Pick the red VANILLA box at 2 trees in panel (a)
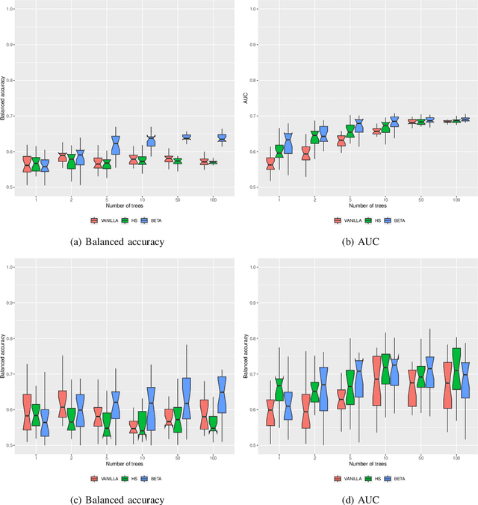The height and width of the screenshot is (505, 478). coord(62,158)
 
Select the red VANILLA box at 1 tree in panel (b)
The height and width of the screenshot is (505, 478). coord(270,164)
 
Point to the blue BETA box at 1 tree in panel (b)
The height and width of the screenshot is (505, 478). coord(288,143)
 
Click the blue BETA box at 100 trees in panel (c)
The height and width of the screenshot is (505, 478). coord(221,394)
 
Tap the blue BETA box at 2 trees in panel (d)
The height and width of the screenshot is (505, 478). coord(323,388)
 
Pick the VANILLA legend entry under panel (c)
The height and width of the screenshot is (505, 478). coord(101,479)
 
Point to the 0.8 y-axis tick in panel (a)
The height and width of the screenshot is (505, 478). coord(9,80)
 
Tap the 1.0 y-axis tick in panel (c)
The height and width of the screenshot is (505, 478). coord(9,267)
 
